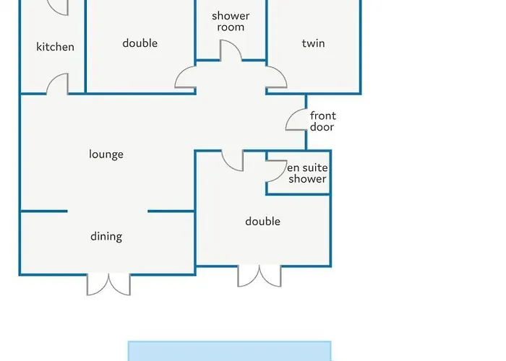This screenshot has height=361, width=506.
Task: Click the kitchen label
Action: click(55, 47)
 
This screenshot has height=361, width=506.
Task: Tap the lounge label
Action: click(106, 154)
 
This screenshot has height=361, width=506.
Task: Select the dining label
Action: click(106, 236)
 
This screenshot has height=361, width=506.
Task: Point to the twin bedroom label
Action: click(313, 43)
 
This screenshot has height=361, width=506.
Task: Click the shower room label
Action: click(231, 21)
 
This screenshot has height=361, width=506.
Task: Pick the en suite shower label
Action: click(307, 173)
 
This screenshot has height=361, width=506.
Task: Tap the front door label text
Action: click(323, 121)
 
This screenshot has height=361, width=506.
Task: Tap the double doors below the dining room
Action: click(108, 285)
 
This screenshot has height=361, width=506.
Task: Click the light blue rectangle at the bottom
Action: click(229, 351)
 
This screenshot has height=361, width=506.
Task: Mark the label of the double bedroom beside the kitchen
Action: click(140, 43)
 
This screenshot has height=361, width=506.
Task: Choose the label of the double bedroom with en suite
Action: click(262, 222)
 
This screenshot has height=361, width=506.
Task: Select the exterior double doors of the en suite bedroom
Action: click(260, 277)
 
